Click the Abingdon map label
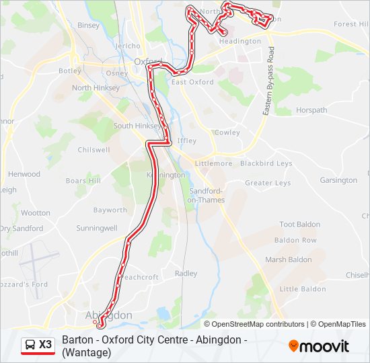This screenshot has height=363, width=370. pos(109,315)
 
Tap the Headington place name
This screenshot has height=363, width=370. pos(240,41)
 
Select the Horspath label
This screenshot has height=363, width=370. pos(311,110)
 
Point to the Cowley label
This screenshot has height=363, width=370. pos(227,132)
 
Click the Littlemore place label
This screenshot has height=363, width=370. pos(213,163)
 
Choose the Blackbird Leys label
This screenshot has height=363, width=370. pos(266,163)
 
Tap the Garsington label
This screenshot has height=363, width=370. pos(338,180)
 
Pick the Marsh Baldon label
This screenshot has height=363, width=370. pos(289,259)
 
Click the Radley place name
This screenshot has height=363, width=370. pos(186,274)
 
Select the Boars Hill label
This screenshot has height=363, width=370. pos(83,181)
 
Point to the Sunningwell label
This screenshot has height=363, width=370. pos(97,228)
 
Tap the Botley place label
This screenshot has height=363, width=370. pos(70,70)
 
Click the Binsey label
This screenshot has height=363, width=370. pos(88,25)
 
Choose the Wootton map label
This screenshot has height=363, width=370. pos(35,212)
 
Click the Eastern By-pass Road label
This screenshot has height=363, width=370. pos(268,81)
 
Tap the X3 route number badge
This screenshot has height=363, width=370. pos(45,345)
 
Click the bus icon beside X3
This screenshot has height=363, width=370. pos(30,345)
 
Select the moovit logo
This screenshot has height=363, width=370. pos(319,346)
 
